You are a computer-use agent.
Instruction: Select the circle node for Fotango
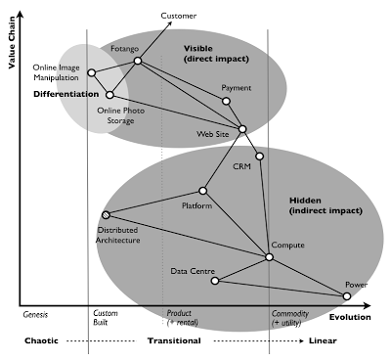coord(138,62)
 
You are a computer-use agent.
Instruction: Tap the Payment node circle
coord(226,101)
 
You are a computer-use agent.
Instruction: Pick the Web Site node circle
coord(242,129)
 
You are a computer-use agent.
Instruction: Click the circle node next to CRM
coord(260,157)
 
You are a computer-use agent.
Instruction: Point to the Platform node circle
coord(203,191)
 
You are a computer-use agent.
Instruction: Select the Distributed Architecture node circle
coord(106,216)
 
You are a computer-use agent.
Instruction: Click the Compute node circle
coord(270,257)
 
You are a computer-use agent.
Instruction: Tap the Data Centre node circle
coord(215,281)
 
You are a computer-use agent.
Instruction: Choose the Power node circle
coord(347,295)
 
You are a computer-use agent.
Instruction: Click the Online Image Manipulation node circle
coord(91,72)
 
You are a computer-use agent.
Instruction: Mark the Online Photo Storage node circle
coord(110,95)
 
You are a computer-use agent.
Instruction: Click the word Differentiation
coord(65,94)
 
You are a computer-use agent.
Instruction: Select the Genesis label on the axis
coord(36,316)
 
